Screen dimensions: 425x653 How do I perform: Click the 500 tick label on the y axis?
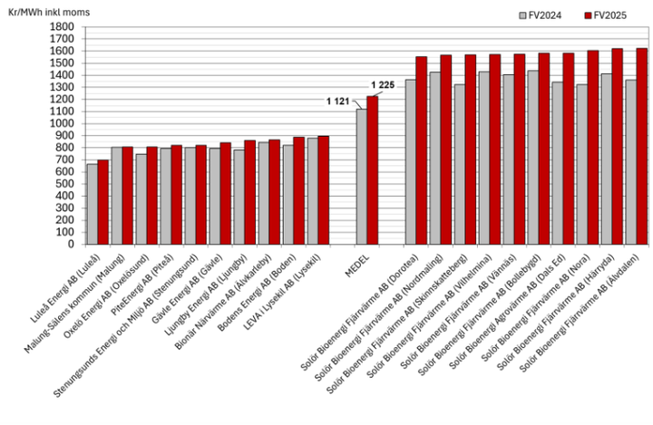click(x=65, y=183)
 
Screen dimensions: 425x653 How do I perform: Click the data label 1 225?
click(x=382, y=85)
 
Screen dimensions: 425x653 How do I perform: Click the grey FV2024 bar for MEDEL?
click(x=361, y=176)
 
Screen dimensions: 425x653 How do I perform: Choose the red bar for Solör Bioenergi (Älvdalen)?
click(x=642, y=146)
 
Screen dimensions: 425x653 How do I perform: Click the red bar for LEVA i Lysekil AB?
click(x=324, y=189)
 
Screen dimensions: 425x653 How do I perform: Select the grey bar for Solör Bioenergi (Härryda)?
click(x=607, y=159)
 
